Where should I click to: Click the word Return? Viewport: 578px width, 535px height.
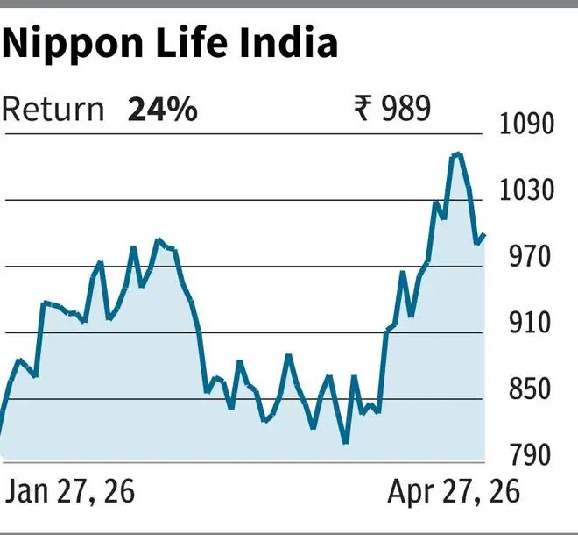pyautogui.click(x=53, y=111)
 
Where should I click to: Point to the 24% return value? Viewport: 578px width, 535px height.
pyautogui.click(x=163, y=111)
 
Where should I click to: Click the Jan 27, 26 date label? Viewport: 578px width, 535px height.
pyautogui.click(x=70, y=491)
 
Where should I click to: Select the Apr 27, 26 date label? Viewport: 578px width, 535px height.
pyautogui.click(x=454, y=491)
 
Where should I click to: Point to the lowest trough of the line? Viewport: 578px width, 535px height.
pyautogui.click(x=346, y=443)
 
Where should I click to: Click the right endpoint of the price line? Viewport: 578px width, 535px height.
pyautogui.click(x=484, y=234)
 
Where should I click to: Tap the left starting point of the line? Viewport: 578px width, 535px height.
pyautogui.click(x=1, y=432)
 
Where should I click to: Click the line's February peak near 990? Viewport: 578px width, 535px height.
pyautogui.click(x=159, y=239)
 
